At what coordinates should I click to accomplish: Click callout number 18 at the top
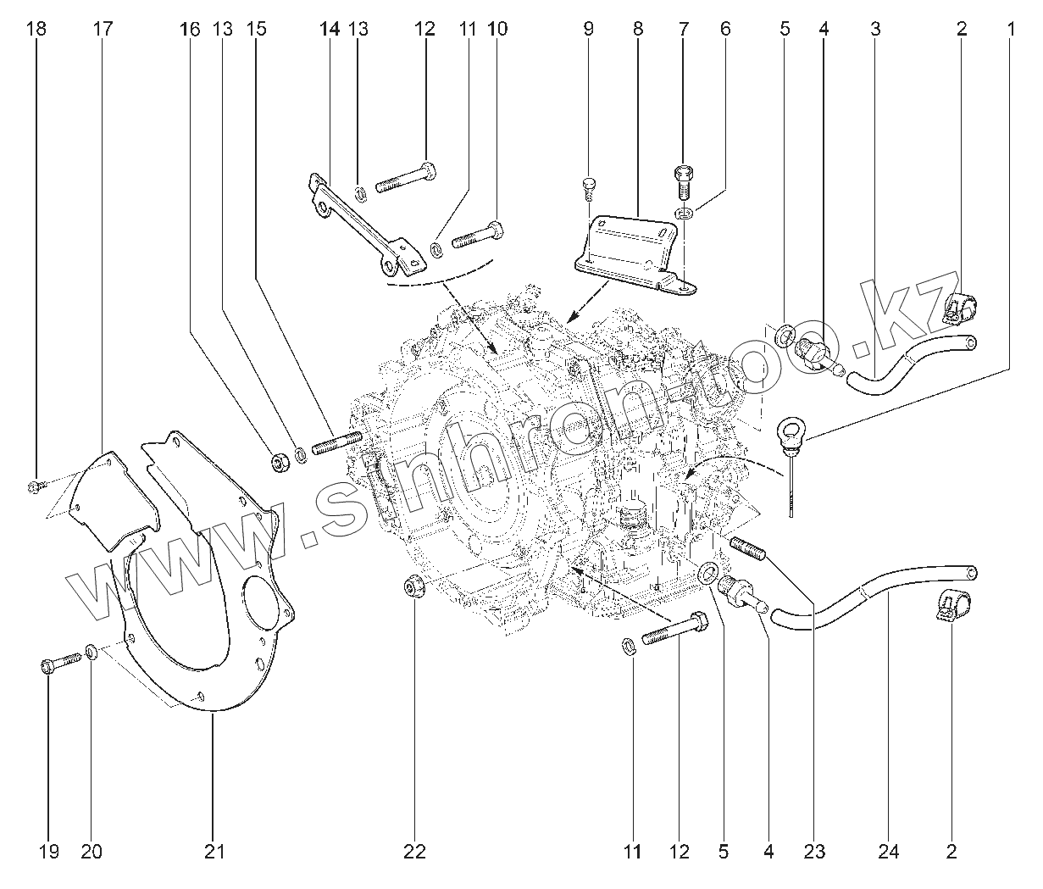tap(36, 29)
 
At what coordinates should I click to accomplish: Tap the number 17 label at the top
tap(103, 29)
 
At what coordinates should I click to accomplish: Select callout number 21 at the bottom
tap(215, 852)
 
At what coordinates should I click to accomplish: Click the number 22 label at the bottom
tap(414, 852)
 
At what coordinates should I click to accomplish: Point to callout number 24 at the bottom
tap(889, 852)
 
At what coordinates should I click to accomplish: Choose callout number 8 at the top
tap(638, 29)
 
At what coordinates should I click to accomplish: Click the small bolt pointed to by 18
tap(35, 486)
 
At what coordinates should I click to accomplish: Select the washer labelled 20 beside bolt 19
tap(91, 653)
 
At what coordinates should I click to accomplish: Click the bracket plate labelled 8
tap(631, 248)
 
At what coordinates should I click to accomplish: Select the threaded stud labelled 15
tap(338, 442)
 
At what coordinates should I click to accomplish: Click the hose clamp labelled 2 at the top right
tap(961, 308)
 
